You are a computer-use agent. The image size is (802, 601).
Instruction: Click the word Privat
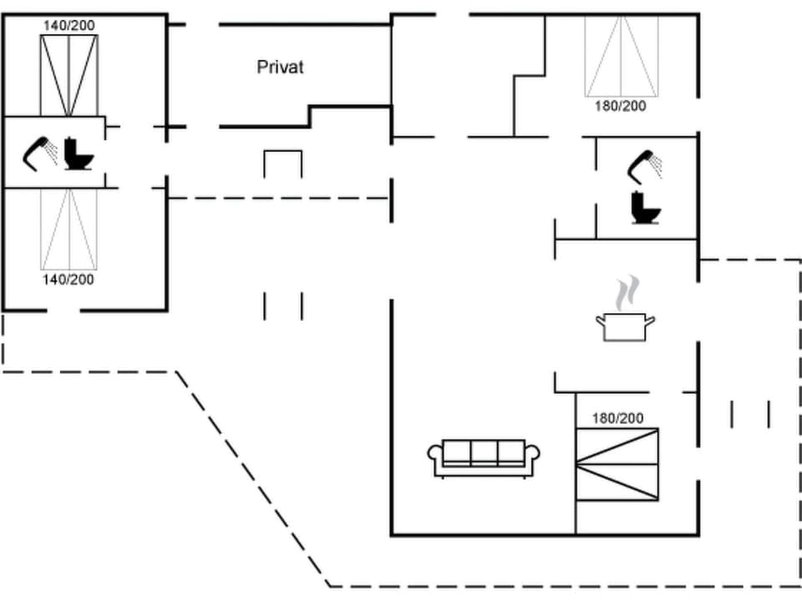pyautogui.click(x=280, y=68)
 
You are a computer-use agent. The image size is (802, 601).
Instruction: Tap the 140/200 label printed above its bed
pyautogui.click(x=69, y=26)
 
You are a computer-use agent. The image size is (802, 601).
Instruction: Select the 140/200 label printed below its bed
pyautogui.click(x=69, y=279)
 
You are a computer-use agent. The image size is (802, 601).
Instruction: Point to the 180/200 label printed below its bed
pyautogui.click(x=620, y=106)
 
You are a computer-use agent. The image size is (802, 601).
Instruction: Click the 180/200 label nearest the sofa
pyautogui.click(x=617, y=418)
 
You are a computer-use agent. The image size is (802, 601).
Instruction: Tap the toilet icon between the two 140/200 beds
pyautogui.click(x=79, y=154)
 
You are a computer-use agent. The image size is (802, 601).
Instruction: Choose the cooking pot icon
pyautogui.click(x=624, y=326)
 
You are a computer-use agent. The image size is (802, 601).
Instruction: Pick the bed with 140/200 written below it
pyautogui.click(x=69, y=229)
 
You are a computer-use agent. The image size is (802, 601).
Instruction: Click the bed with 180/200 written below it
pyautogui.click(x=621, y=56)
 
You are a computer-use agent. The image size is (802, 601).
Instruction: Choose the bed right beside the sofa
pyautogui.click(x=617, y=464)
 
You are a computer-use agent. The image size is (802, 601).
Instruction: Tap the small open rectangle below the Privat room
pyautogui.click(x=282, y=163)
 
